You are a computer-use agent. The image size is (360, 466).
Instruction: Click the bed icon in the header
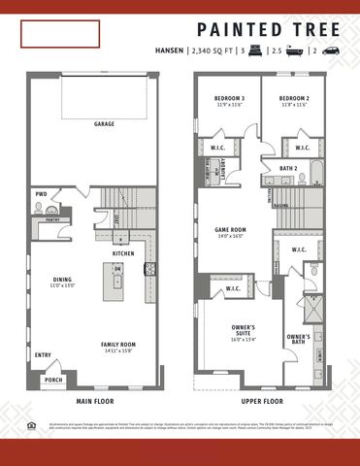point(257,49)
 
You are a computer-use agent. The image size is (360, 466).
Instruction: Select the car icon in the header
point(331,49)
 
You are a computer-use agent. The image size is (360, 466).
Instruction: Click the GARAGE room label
point(104,124)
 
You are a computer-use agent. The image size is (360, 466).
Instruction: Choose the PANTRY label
point(52,219)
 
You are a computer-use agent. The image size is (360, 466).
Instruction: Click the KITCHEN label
point(123,253)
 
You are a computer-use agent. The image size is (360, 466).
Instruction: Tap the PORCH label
point(53,380)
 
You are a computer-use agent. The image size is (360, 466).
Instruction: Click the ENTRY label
point(43,355)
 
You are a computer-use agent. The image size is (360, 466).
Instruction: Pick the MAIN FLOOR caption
point(96,400)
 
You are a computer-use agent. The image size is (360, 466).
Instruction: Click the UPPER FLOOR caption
point(262,400)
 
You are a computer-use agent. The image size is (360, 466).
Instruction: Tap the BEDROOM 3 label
point(230,99)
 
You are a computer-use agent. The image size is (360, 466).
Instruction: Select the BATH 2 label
point(288,168)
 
